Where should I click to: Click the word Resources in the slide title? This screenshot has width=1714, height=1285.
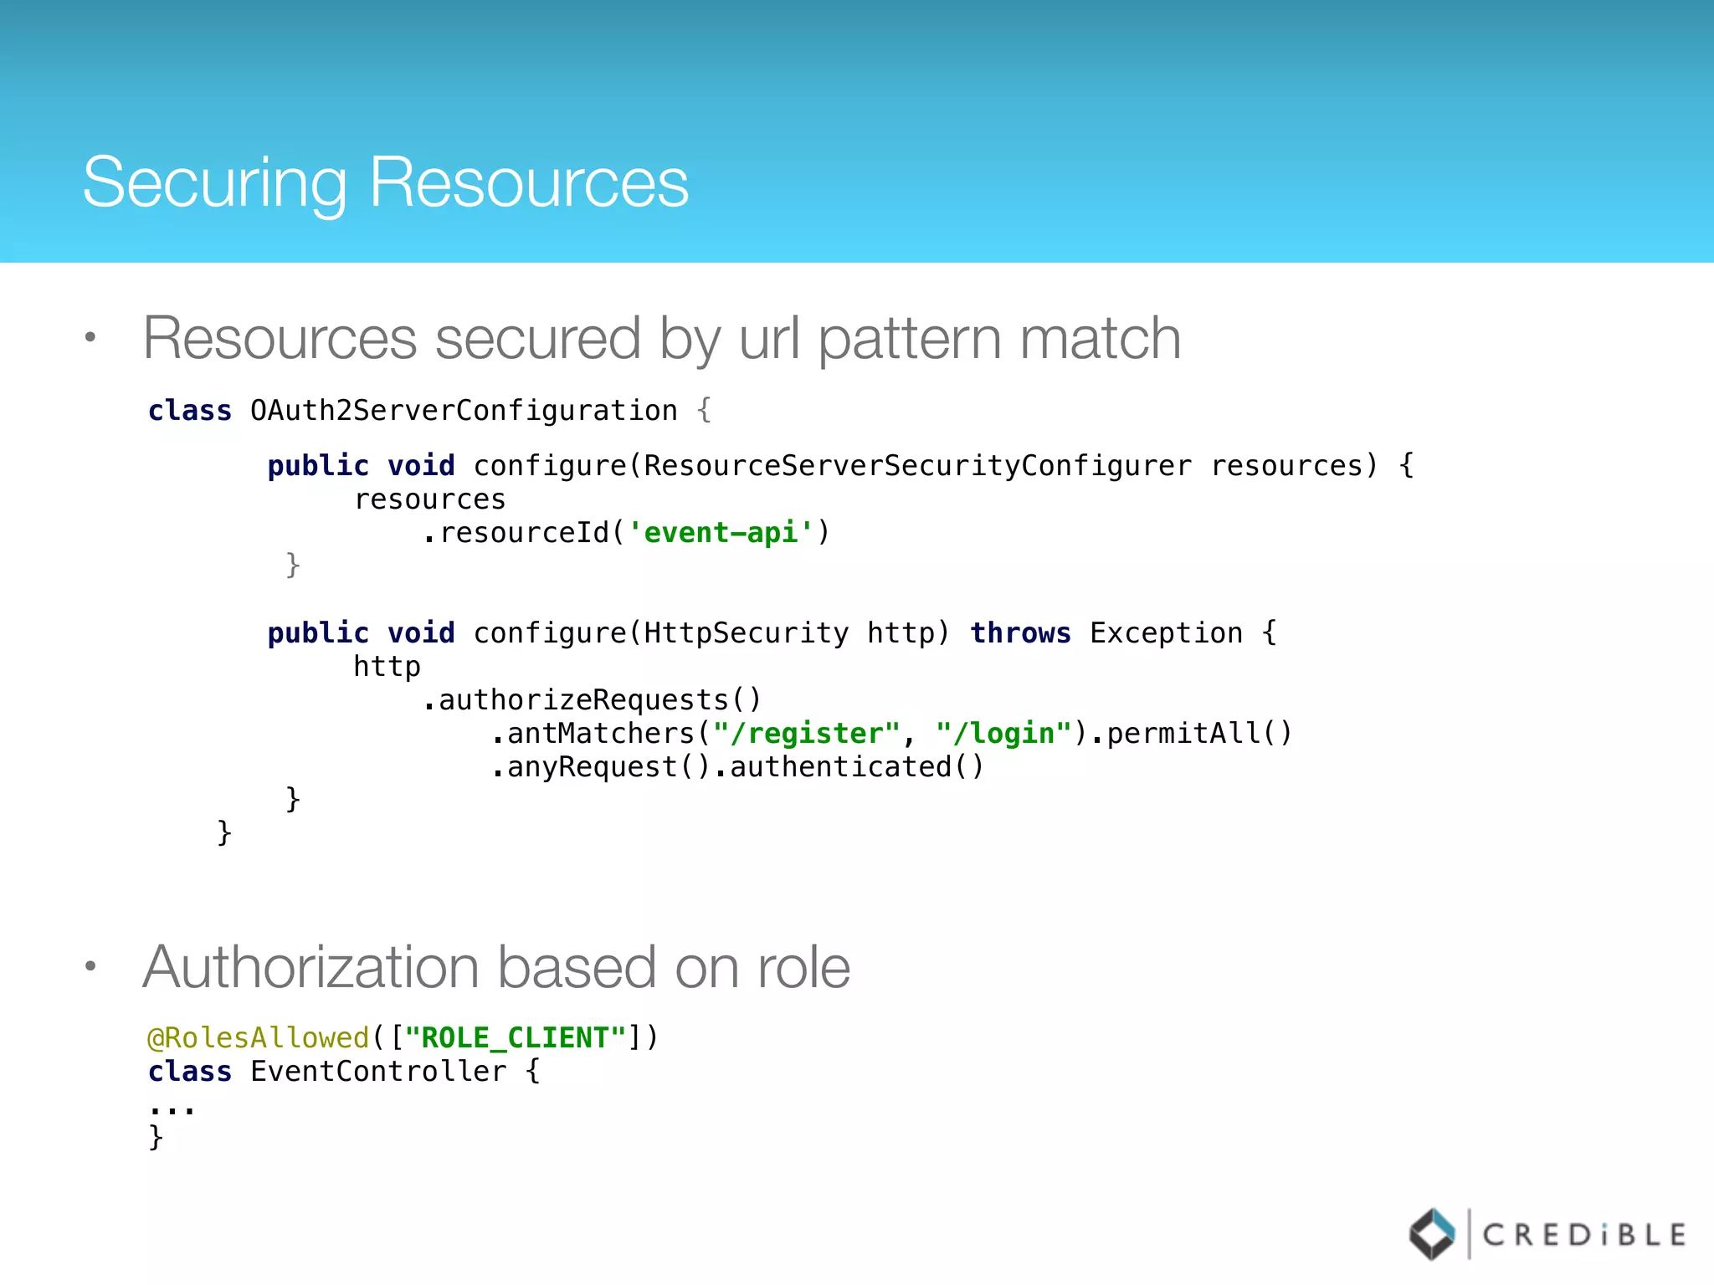(529, 182)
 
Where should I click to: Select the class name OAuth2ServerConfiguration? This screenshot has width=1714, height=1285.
(464, 411)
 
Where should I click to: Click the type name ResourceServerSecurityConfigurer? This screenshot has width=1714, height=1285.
(918, 466)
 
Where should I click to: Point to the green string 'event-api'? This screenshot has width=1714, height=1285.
(721, 533)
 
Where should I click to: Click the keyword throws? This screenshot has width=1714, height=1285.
(1020, 633)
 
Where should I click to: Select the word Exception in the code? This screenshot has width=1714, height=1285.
(1166, 633)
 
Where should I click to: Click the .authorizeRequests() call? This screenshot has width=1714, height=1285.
(592, 700)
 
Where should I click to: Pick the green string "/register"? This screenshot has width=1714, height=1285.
(806, 734)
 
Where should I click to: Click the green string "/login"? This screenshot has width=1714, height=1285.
(1003, 734)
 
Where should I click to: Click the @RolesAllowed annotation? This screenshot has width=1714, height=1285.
(259, 1038)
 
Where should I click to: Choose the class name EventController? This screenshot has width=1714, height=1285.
(378, 1072)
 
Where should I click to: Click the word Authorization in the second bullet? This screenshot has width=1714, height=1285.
(311, 968)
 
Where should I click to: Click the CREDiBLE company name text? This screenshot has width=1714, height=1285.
(1583, 1235)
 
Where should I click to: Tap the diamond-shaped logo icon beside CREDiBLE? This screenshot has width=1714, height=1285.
(1432, 1234)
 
